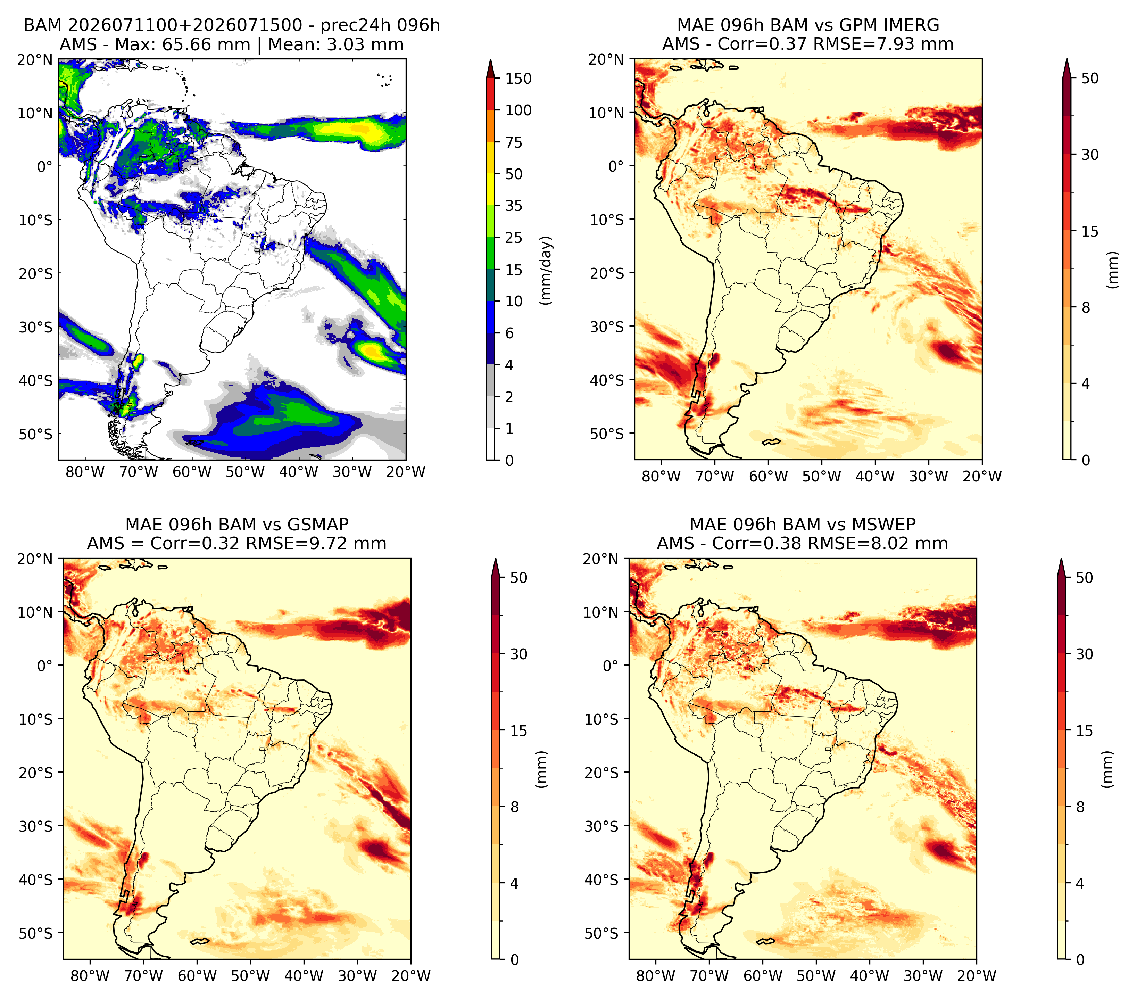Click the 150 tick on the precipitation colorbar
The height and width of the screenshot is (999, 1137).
click(x=518, y=79)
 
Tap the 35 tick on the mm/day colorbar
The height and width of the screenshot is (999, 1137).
click(x=513, y=206)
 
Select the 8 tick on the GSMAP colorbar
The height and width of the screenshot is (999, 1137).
click(x=515, y=807)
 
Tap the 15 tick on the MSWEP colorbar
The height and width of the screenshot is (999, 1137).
click(x=1084, y=731)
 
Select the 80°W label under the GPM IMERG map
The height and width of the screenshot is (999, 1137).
click(x=661, y=476)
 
